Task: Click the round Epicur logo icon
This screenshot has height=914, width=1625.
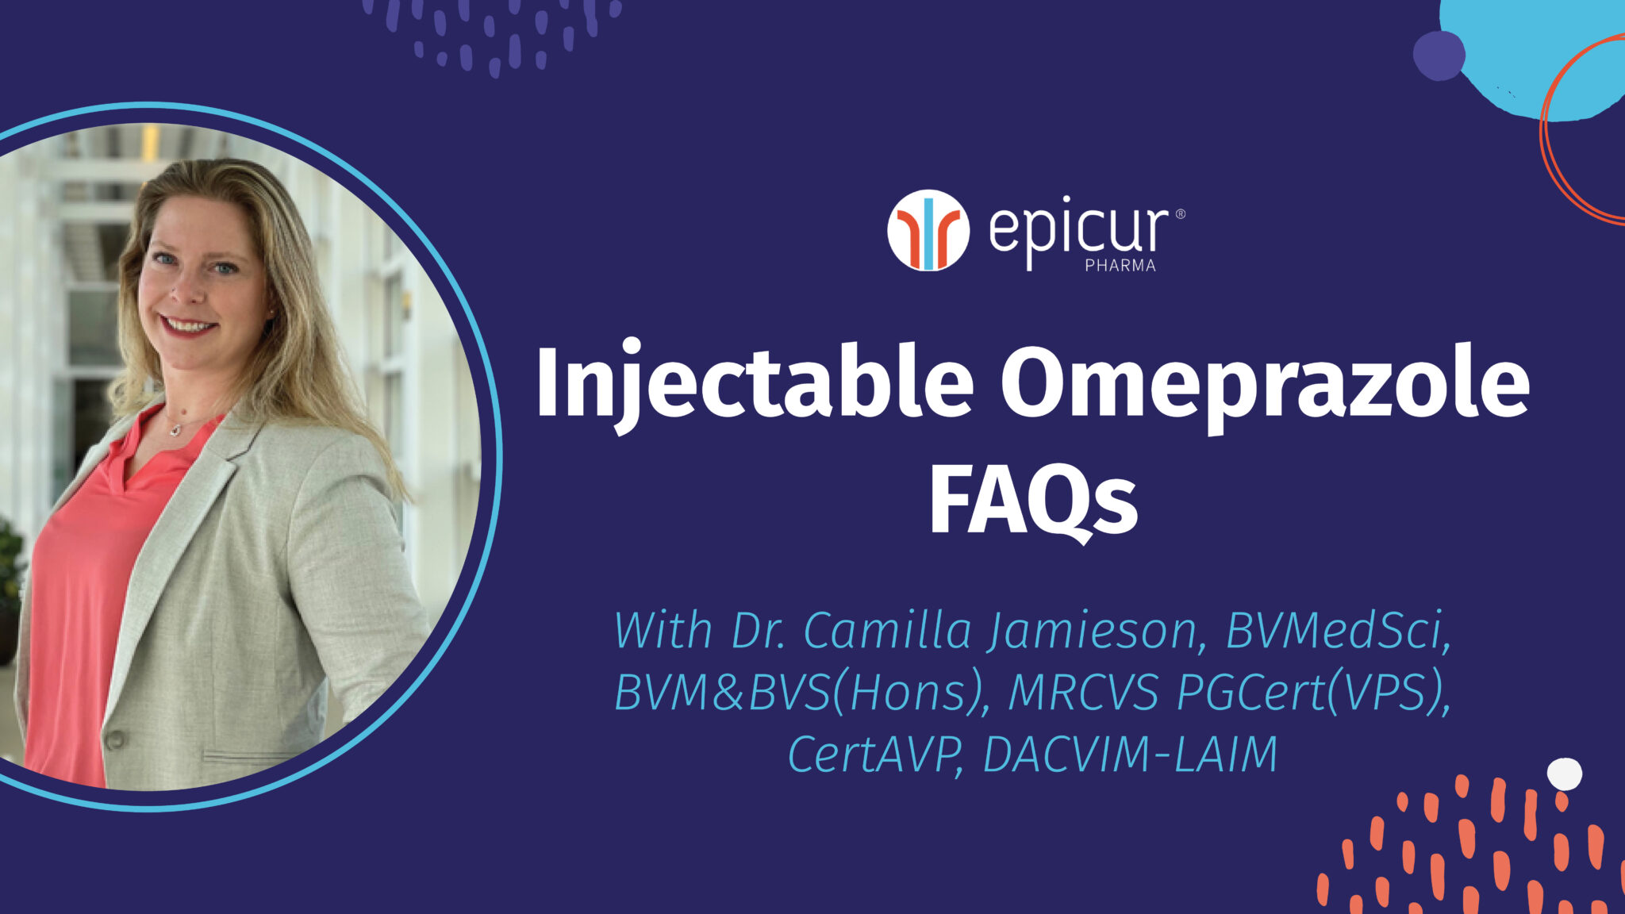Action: (x=928, y=230)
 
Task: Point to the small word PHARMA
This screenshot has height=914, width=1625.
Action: (x=1120, y=266)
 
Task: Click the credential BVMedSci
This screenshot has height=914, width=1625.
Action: (x=1338, y=632)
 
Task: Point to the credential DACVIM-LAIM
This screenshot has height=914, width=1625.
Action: (x=1130, y=754)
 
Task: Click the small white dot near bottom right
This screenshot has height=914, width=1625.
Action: (x=1564, y=774)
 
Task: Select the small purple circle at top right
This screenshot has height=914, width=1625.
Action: (x=1439, y=56)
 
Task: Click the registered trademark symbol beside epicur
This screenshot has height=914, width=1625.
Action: (x=1180, y=213)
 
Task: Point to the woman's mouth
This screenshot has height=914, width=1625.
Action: (x=189, y=325)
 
